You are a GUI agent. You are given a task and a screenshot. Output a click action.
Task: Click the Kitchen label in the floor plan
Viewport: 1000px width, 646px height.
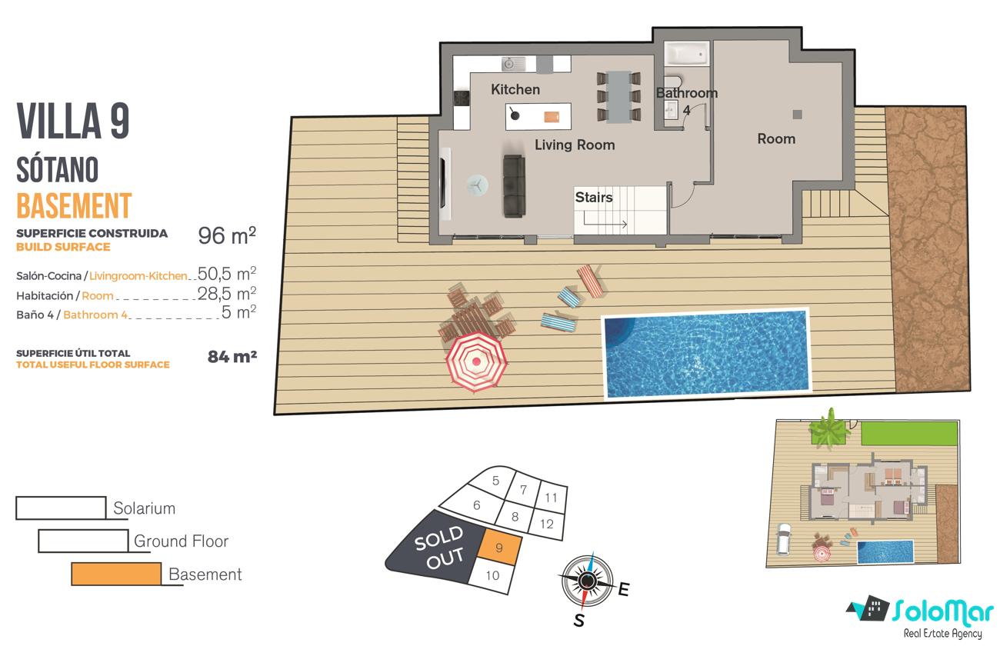(515, 89)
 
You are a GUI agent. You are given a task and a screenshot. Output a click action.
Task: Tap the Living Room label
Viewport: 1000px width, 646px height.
(575, 145)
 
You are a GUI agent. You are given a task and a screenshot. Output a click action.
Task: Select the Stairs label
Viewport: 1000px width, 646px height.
(593, 197)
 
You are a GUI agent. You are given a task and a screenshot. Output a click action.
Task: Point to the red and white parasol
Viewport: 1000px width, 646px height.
(476, 361)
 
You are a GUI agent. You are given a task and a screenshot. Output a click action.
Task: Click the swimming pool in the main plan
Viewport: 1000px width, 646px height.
(706, 353)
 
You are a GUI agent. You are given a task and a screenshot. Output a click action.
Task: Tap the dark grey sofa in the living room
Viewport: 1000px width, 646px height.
(515, 185)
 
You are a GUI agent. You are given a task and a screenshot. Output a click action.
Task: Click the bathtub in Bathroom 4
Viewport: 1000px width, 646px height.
(686, 54)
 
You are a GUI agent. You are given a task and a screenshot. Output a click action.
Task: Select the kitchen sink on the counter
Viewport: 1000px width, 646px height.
(513, 65)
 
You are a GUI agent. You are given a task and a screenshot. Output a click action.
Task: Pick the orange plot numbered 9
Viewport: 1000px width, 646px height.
(499, 547)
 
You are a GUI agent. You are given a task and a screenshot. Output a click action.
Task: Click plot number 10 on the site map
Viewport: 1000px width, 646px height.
(492, 575)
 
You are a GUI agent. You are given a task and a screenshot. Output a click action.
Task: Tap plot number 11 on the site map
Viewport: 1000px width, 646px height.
(551, 497)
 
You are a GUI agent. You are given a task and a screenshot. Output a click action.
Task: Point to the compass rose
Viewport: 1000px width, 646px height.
(587, 581)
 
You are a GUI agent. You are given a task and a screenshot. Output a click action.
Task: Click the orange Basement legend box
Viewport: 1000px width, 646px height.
(116, 574)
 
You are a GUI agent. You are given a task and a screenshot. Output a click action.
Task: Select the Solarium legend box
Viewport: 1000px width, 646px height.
(61, 508)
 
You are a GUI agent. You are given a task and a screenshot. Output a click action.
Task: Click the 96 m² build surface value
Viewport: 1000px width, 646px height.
(227, 236)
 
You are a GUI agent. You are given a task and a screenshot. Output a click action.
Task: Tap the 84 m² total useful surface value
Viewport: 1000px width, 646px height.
(232, 356)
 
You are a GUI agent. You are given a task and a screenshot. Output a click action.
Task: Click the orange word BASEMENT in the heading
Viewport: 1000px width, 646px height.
(74, 205)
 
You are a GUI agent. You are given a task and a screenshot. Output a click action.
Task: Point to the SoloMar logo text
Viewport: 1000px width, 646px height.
(943, 611)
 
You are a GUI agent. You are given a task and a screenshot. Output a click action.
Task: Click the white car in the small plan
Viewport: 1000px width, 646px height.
(784, 538)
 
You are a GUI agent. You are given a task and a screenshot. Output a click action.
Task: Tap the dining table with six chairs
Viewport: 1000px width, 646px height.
(618, 97)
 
